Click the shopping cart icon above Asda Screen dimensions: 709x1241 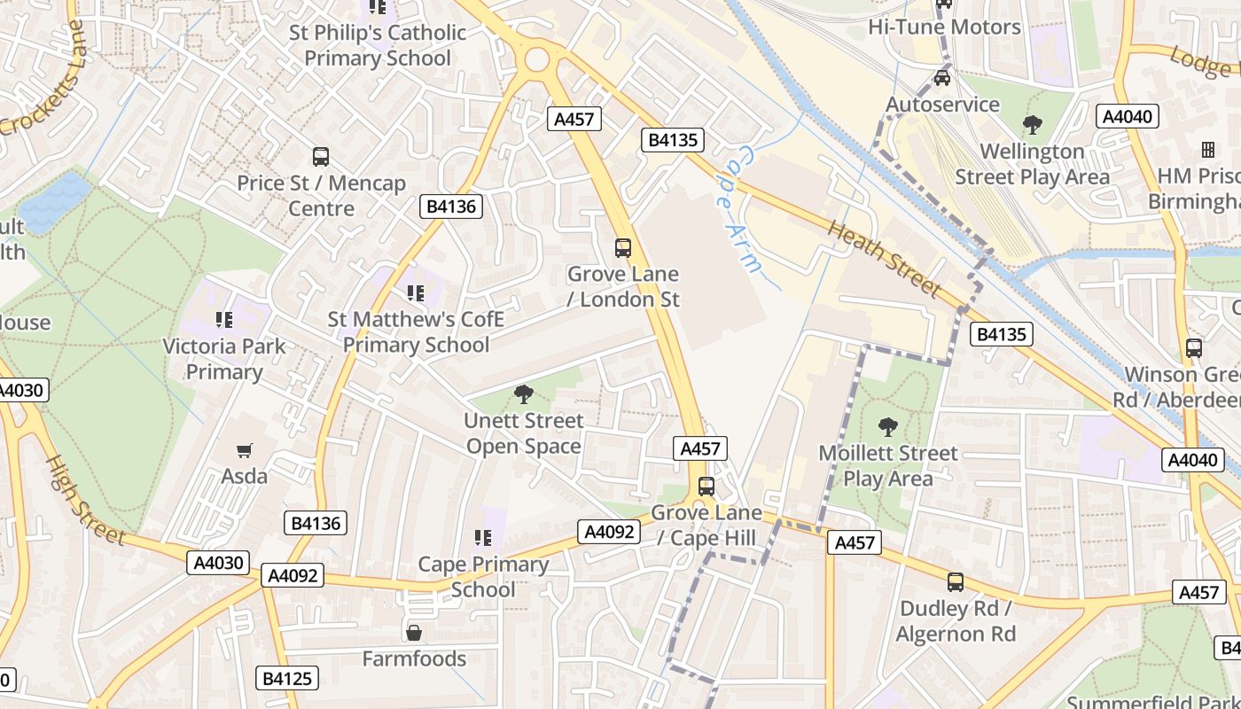[245, 450]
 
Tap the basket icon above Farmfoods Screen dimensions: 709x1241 [414, 633]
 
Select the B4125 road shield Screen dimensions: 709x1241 [288, 679]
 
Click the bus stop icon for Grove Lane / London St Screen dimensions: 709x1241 [623, 248]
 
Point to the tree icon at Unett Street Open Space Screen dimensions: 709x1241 [524, 394]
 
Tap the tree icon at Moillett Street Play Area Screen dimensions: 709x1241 [887, 427]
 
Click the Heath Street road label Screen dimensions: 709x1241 [883, 258]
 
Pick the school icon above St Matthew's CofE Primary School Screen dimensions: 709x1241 [415, 292]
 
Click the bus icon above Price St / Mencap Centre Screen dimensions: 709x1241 [321, 157]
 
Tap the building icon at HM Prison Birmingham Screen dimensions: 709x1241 [1207, 149]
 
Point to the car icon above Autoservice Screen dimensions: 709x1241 [942, 78]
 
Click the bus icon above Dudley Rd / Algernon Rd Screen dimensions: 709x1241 [956, 582]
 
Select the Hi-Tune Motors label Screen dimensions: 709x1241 [945, 27]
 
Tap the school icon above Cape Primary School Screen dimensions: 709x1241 [483, 537]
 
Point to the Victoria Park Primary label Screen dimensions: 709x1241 [224, 358]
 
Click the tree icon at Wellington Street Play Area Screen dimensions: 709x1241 [1032, 125]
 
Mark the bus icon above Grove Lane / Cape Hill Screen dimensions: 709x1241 [706, 487]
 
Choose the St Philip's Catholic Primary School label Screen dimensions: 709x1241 [378, 45]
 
